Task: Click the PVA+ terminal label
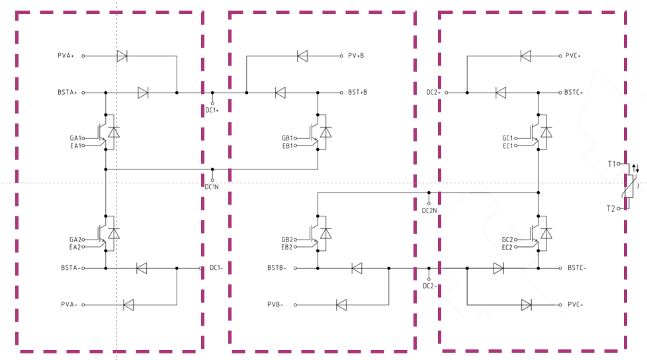point(67,56)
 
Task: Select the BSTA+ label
point(67,93)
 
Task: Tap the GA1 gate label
point(75,138)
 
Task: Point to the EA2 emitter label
point(75,247)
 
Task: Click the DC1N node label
point(212,187)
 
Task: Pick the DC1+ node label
point(212,111)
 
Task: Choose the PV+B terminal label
point(356,56)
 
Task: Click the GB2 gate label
point(286,240)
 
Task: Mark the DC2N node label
point(429,211)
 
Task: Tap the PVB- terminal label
point(277,304)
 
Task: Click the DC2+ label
point(433,93)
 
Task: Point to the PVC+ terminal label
point(572,56)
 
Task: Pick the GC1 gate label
point(507,138)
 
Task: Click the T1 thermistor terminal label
point(611,163)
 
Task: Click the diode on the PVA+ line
point(122,56)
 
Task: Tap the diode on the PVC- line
point(527,304)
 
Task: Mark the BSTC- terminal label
point(577,268)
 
